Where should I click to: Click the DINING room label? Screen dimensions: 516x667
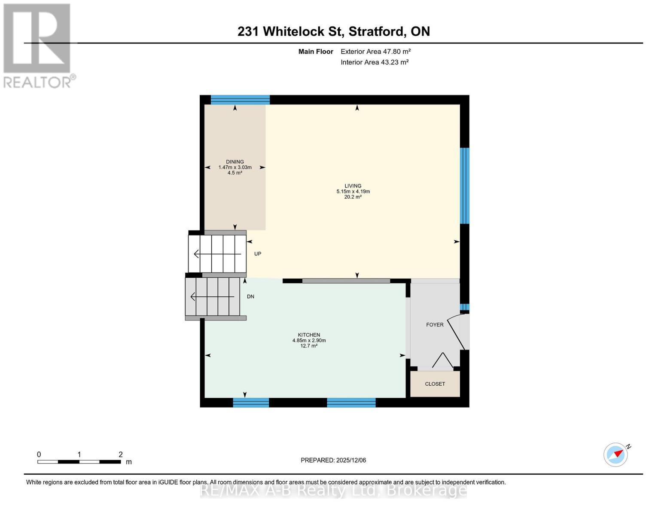[235, 162]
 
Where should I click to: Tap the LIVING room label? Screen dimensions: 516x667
[353, 186]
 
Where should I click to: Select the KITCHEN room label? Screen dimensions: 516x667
[309, 335]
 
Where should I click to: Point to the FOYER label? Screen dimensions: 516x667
[435, 325]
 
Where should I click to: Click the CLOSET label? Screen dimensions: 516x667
[435, 384]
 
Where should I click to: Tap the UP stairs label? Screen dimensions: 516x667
[258, 254]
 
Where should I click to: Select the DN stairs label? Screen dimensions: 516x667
[250, 297]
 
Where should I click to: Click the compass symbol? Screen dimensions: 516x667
[616, 455]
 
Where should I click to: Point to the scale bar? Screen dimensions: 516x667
[79, 462]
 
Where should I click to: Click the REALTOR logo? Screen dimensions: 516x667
[37, 45]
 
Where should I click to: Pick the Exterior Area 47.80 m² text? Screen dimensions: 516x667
[375, 52]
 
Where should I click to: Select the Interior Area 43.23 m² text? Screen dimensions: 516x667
[375, 62]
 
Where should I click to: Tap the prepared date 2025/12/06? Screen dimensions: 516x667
[333, 460]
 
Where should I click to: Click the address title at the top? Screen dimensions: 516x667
[334, 31]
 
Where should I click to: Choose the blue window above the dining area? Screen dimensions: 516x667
[240, 100]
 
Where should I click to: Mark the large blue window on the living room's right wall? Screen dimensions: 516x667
[464, 186]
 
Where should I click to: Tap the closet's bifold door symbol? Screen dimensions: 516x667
[442, 361]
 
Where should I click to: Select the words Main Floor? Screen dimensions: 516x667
[316, 52]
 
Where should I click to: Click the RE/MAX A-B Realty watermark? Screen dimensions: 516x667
[333, 490]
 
